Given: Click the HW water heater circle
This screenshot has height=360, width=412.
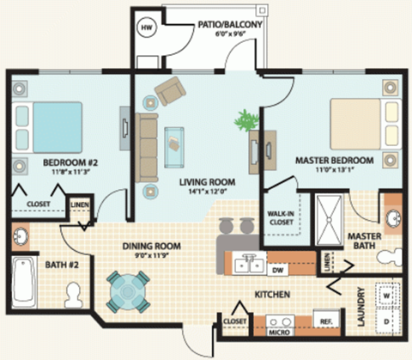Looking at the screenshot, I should click(x=145, y=26).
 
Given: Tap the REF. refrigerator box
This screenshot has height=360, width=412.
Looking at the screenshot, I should click(x=326, y=323).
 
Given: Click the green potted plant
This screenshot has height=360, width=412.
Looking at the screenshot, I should click(x=249, y=119).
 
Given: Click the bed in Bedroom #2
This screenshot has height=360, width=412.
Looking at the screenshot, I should click(x=46, y=128).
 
